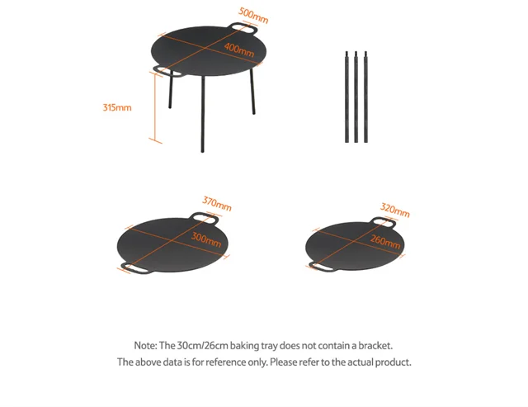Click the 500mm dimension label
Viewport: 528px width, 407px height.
pyautogui.click(x=253, y=16)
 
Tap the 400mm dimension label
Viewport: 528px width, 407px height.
pyautogui.click(x=239, y=50)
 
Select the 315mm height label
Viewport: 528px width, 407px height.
pyautogui.click(x=117, y=107)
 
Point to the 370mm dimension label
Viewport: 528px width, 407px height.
pyautogui.click(x=217, y=204)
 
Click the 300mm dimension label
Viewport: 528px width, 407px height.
pyautogui.click(x=206, y=239)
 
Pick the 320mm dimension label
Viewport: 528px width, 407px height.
pyautogui.click(x=395, y=211)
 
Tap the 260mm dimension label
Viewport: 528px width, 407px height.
pyautogui.click(x=385, y=242)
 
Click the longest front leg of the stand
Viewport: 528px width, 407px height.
pyautogui.click(x=203, y=114)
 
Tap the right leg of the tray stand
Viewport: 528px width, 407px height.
pyautogui.click(x=252, y=92)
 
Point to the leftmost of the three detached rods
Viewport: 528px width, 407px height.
pyautogui.click(x=346, y=97)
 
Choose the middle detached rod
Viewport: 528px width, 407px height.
pyautogui.click(x=356, y=97)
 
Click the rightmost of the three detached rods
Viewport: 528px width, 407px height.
pyautogui.click(x=365, y=97)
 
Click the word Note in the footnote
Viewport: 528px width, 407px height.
pyautogui.click(x=145, y=346)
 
